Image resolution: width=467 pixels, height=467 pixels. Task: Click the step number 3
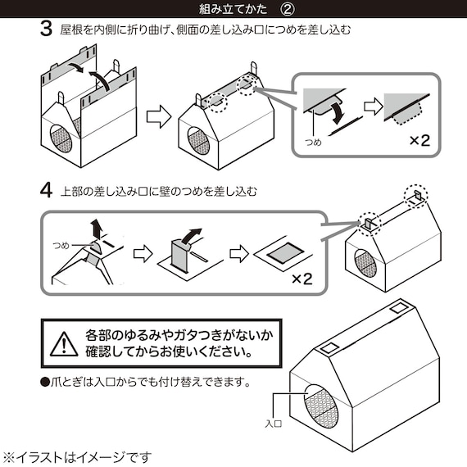point(47,30)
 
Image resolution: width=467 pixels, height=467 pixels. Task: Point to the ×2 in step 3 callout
point(419,140)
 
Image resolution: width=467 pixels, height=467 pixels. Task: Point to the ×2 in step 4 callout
point(302,279)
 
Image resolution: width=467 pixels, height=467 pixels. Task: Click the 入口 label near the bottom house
point(273,424)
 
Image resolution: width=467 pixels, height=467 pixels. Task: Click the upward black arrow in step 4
point(97,227)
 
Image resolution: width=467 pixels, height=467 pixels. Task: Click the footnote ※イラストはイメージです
point(76,456)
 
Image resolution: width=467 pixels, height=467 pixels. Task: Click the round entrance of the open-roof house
point(61,135)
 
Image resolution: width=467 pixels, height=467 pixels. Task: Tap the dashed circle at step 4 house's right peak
point(416,195)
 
